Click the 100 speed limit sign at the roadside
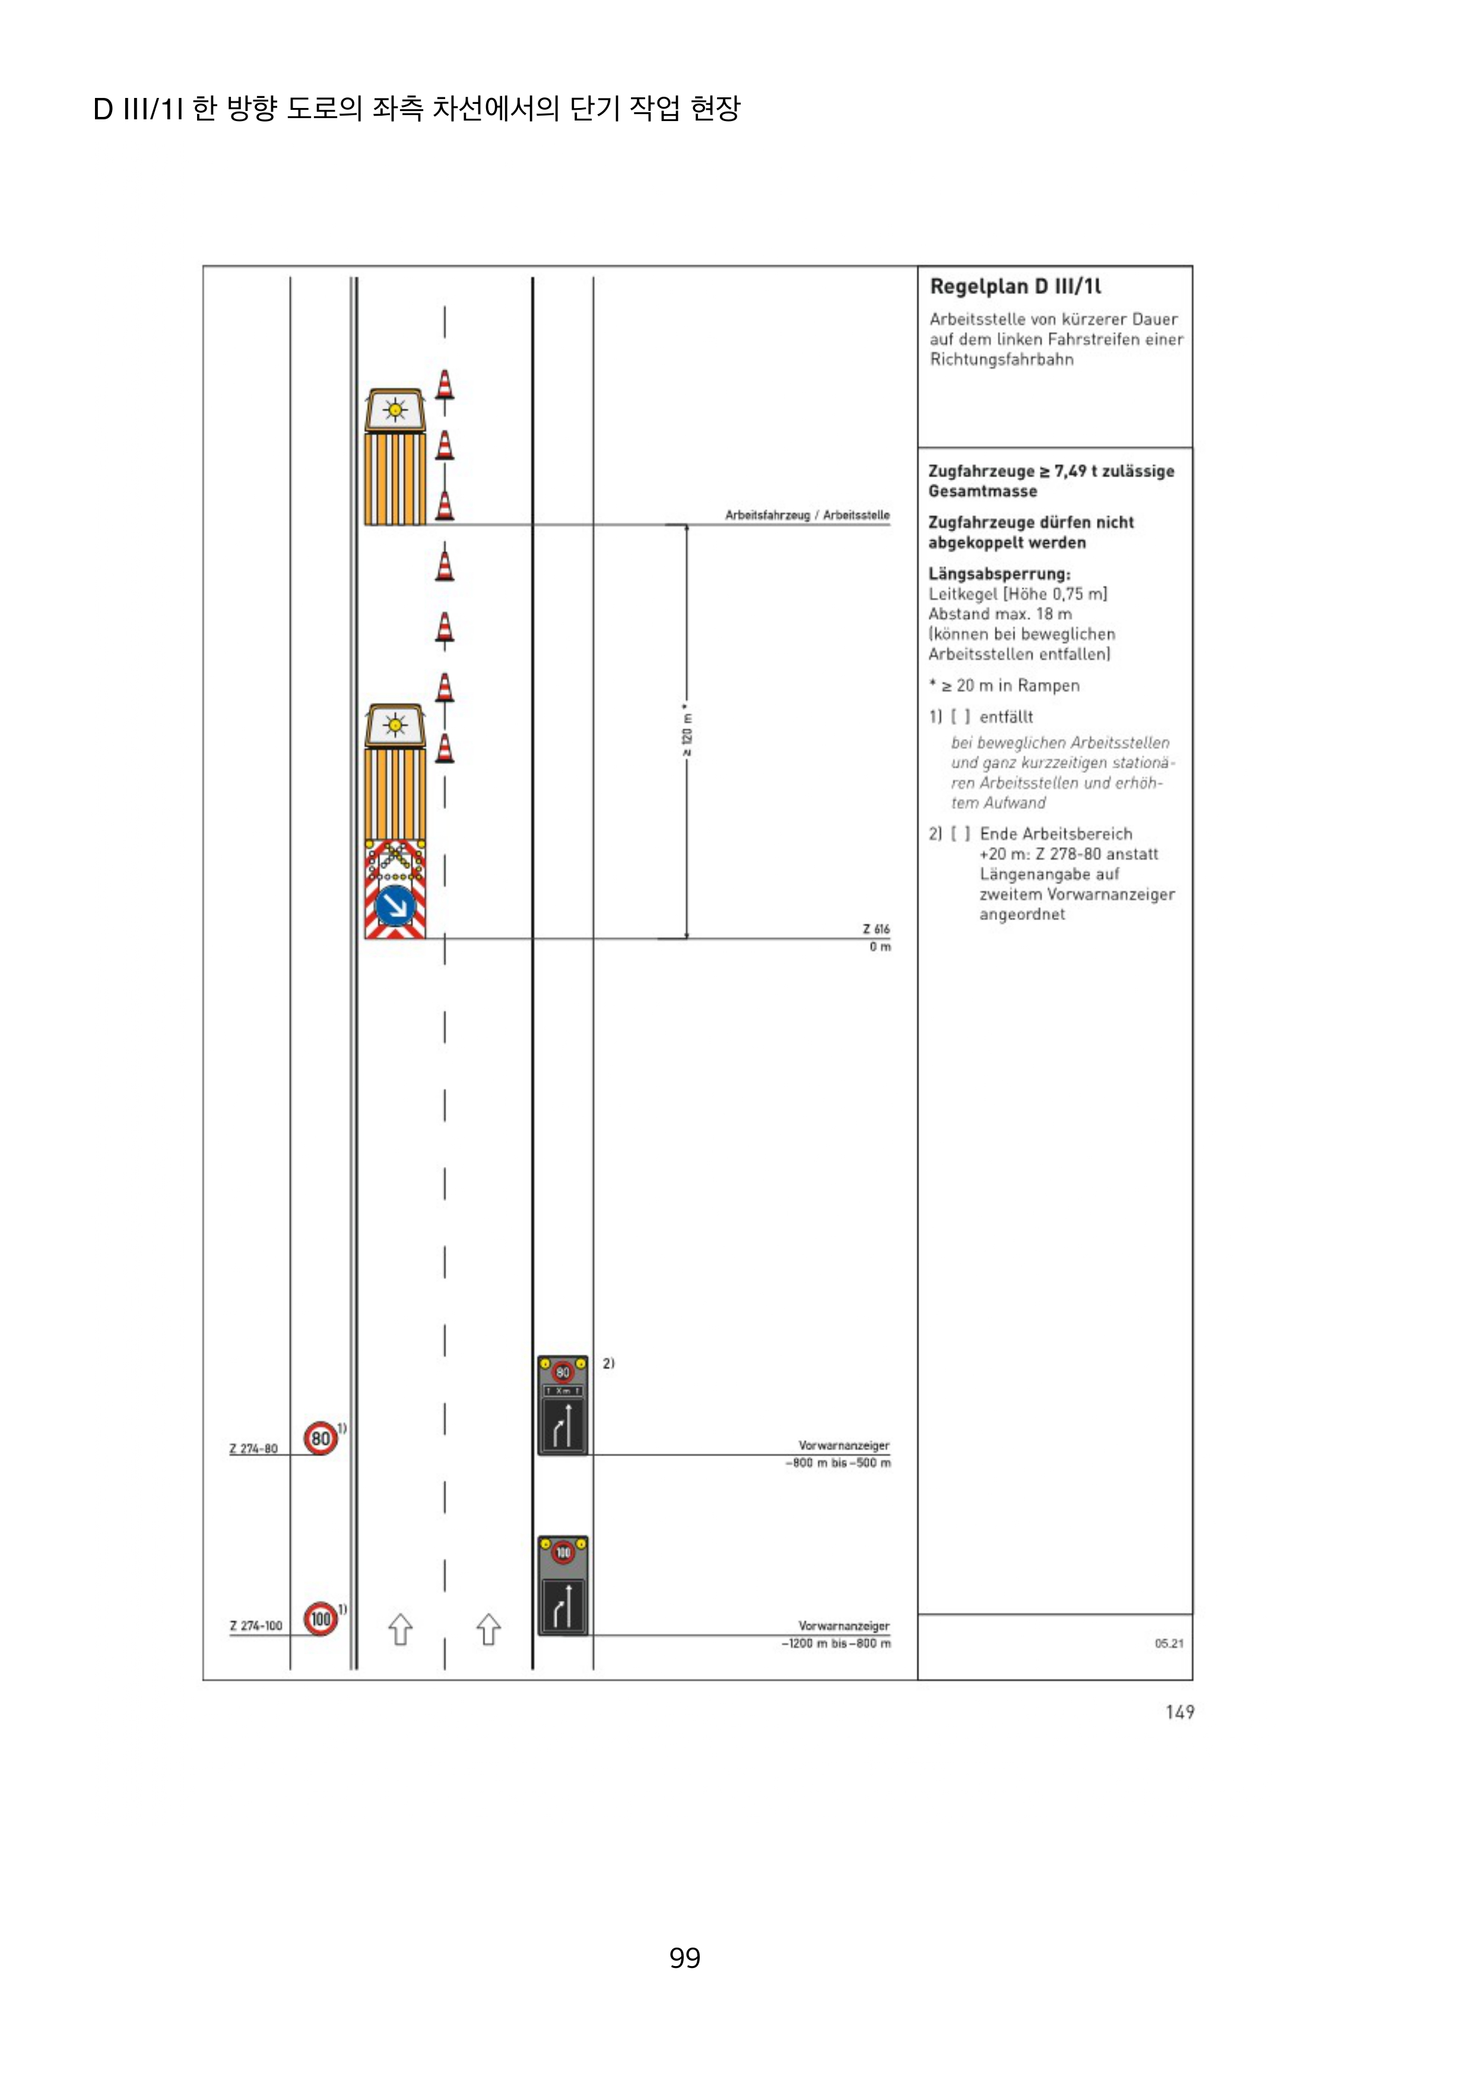click(320, 1619)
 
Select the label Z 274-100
click(256, 1626)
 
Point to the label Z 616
click(876, 929)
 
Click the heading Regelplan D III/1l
click(1015, 287)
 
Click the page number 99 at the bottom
click(685, 1958)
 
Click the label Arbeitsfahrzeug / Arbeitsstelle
click(807, 515)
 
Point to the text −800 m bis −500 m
click(838, 1463)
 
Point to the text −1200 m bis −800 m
click(836, 1643)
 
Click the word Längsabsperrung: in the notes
click(998, 573)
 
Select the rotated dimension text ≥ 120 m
click(687, 730)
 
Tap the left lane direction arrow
click(400, 1629)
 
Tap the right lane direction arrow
click(489, 1629)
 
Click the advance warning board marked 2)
click(562, 1405)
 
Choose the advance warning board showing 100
click(562, 1585)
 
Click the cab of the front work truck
click(395, 411)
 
